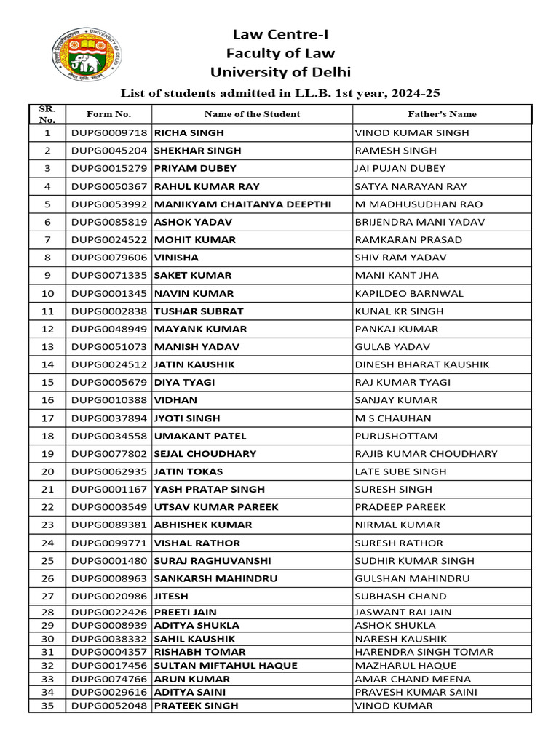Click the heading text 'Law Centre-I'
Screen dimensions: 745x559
point(280,34)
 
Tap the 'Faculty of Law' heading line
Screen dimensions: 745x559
point(280,53)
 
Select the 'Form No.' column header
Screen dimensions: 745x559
point(108,114)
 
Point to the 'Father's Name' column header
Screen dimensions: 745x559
point(442,114)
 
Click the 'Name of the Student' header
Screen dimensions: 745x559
point(252,114)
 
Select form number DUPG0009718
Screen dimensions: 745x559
point(109,133)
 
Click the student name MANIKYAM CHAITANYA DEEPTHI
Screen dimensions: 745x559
point(243,204)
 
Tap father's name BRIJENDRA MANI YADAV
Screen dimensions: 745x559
point(419,222)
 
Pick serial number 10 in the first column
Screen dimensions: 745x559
point(48,294)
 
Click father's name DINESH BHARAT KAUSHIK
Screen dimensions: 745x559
point(422,364)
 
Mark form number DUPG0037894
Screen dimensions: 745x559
point(109,418)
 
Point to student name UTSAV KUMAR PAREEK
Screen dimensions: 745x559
point(217,507)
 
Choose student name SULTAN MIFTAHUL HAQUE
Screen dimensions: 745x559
point(226,666)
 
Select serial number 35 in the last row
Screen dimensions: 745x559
point(48,706)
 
